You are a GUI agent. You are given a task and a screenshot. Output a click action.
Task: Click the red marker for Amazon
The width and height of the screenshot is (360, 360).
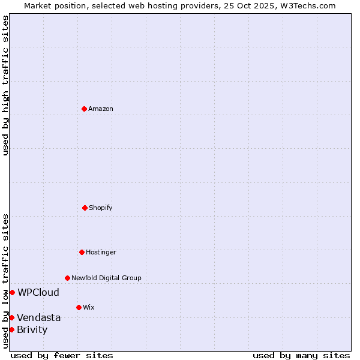[x=84, y=109]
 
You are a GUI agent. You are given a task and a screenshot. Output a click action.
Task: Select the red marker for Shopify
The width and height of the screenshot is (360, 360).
[x=85, y=208]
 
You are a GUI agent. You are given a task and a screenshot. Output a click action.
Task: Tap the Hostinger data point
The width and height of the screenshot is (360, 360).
[x=82, y=252]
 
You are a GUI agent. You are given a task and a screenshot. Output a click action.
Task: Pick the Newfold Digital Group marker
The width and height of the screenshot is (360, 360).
[x=67, y=278]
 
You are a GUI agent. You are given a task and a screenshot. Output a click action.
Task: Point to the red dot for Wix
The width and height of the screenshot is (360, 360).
[x=79, y=307]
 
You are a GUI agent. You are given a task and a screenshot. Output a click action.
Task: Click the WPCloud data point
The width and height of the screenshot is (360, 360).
[x=12, y=292]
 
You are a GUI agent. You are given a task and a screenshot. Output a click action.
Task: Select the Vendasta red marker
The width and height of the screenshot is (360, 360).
[x=11, y=317]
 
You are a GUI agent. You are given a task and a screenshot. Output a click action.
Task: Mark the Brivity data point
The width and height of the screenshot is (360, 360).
[x=11, y=329]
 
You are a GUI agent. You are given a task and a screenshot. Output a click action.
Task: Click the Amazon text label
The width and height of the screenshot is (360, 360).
[x=101, y=109]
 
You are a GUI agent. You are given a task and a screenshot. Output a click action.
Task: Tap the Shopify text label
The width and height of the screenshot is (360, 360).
[x=101, y=208]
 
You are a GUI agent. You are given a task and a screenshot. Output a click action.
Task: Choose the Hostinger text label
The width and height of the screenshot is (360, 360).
[x=101, y=252]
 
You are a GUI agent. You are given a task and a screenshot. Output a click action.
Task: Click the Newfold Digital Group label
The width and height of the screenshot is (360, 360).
[x=106, y=278]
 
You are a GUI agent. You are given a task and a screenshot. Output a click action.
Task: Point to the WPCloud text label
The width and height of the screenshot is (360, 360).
[x=38, y=293]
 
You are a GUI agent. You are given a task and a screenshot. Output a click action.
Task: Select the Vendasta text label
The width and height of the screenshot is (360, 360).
[x=39, y=317]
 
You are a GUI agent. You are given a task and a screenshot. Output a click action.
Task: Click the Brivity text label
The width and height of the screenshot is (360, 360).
[x=32, y=329]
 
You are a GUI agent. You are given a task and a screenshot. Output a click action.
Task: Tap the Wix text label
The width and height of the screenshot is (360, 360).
[x=89, y=307]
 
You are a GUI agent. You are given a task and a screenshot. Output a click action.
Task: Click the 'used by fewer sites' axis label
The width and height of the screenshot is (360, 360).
[x=62, y=355]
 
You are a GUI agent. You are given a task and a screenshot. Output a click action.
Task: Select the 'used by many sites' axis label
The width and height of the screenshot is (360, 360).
[x=301, y=355]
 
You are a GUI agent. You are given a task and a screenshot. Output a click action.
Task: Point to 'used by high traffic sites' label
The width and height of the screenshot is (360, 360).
[x=5, y=85]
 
